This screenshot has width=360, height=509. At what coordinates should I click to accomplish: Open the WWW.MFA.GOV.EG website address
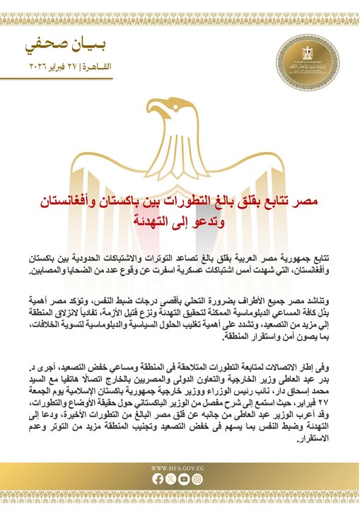[180, 468]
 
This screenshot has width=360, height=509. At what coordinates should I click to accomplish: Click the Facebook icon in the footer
[158, 479]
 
